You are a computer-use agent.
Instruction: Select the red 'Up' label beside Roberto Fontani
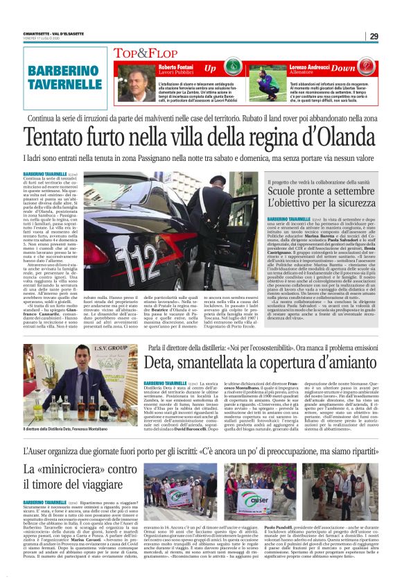click(x=210, y=69)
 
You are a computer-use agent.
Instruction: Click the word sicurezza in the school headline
click(x=355, y=204)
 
